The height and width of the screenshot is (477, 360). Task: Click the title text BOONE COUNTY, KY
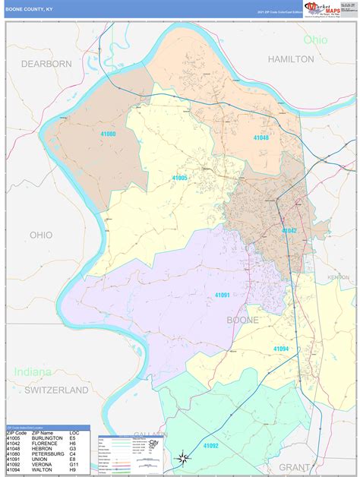30,9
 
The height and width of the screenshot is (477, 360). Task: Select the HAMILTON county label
290,58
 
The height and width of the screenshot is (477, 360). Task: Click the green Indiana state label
32,373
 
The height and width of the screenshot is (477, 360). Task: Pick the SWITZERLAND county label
56,390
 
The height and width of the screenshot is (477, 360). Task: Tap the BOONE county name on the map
242,321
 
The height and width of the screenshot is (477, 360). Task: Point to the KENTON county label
339,278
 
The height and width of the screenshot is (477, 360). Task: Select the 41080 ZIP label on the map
109,134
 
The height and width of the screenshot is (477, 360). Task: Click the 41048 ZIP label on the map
261,138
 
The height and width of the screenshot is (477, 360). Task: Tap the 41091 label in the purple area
222,295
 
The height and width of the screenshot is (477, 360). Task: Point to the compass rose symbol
182,458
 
